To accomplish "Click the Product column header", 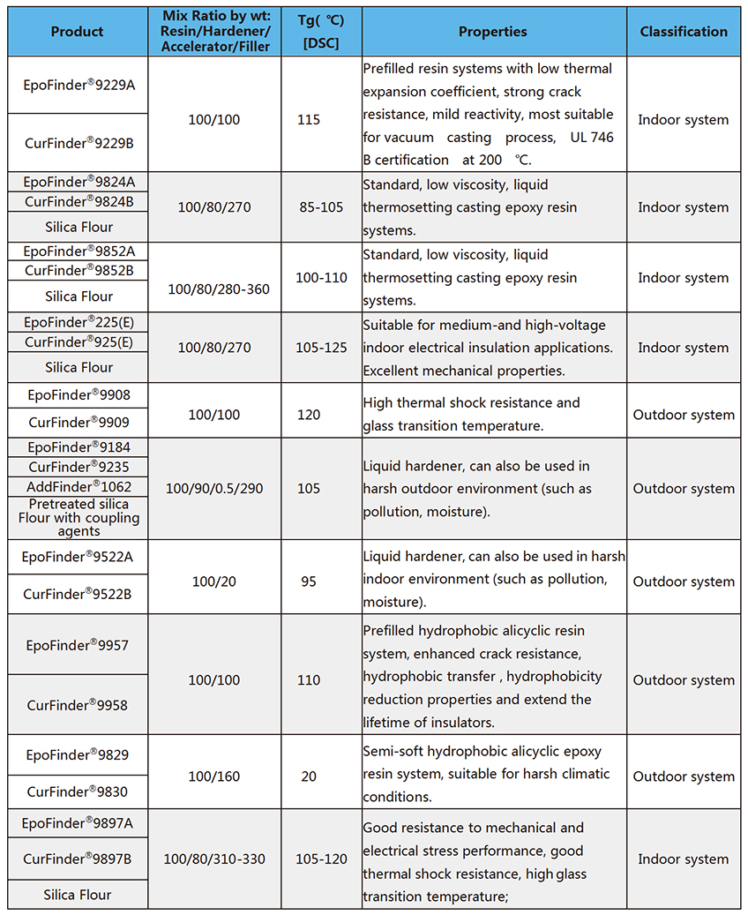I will pos(77,32).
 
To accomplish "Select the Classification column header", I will pos(684,32).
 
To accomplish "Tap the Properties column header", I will pos(492,32).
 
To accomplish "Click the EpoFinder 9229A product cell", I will pos(78,85).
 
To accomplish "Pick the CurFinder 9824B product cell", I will pos(78,201).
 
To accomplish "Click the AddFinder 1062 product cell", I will pos(78,486).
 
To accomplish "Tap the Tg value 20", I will pos(309,776).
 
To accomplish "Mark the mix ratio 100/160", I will pos(213,776).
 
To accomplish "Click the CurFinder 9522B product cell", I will pos(78,594).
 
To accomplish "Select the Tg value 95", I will pos(309,581).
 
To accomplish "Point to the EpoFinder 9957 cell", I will pos(78,645).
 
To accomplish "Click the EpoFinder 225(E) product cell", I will pos(78,322).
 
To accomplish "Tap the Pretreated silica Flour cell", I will pos(78,518).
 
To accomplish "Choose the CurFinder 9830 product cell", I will pos(78,791).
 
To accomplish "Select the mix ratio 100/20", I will pos(213,581).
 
